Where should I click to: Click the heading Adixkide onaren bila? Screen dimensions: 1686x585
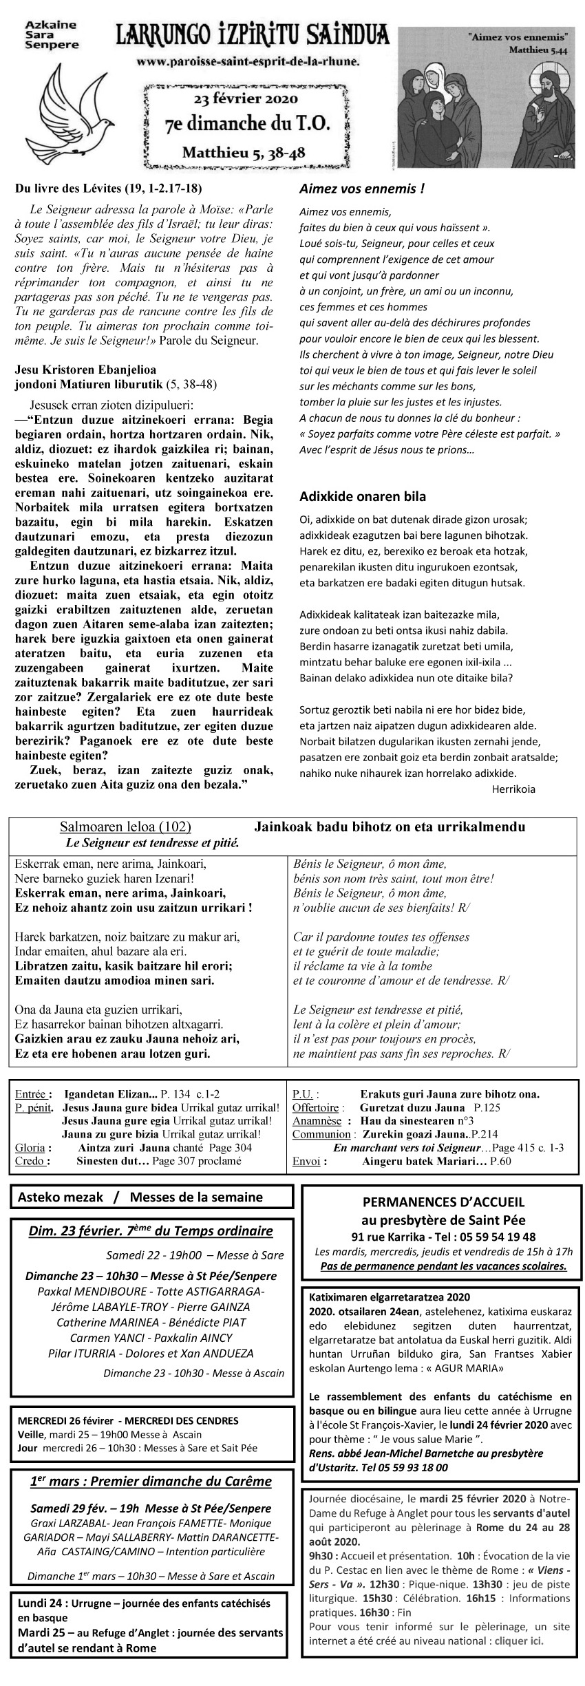pyautogui.click(x=363, y=496)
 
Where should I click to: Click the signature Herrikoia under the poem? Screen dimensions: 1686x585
pyautogui.click(x=513, y=789)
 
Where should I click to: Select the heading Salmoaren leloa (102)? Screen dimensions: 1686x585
pyautogui.click(x=125, y=826)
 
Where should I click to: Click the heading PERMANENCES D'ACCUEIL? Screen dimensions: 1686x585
pyautogui.click(x=443, y=1202)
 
